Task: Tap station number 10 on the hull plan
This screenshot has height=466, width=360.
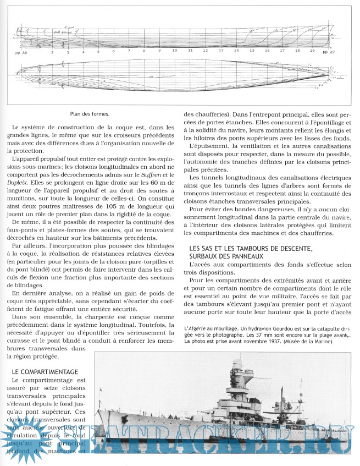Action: pos(174,51)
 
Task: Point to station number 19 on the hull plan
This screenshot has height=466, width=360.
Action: pos(312,51)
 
